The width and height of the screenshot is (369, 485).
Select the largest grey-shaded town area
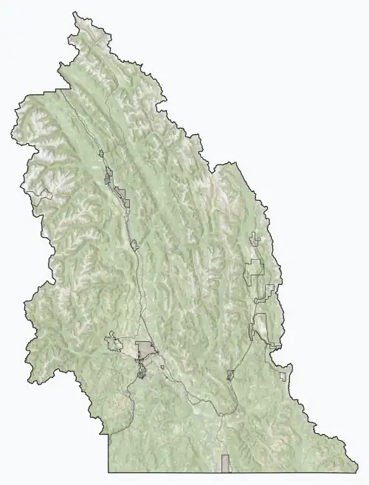coord(146,349)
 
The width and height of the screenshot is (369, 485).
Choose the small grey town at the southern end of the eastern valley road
coord(231,375)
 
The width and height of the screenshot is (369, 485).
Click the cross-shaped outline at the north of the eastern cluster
coord(255,238)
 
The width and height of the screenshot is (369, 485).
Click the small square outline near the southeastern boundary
coord(283,376)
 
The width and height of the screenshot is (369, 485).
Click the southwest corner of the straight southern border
coord(109,472)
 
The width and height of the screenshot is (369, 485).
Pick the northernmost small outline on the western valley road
coord(101,153)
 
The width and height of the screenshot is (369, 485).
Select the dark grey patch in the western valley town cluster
coord(109,176)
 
